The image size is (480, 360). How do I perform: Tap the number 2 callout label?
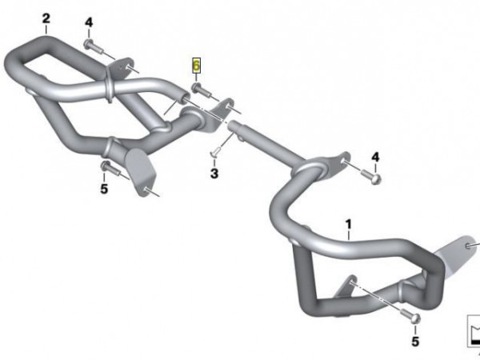(x=46, y=18)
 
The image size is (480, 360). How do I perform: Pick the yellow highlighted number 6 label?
(x=196, y=66)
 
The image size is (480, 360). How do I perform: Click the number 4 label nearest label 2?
(x=89, y=22)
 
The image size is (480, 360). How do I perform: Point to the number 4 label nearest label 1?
(x=375, y=158)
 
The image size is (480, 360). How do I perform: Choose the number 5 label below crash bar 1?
(x=414, y=342)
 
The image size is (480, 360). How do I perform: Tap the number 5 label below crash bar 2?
(x=103, y=189)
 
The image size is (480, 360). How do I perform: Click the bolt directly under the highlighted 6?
(x=198, y=90)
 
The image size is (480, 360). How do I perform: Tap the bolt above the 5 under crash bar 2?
(x=106, y=167)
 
